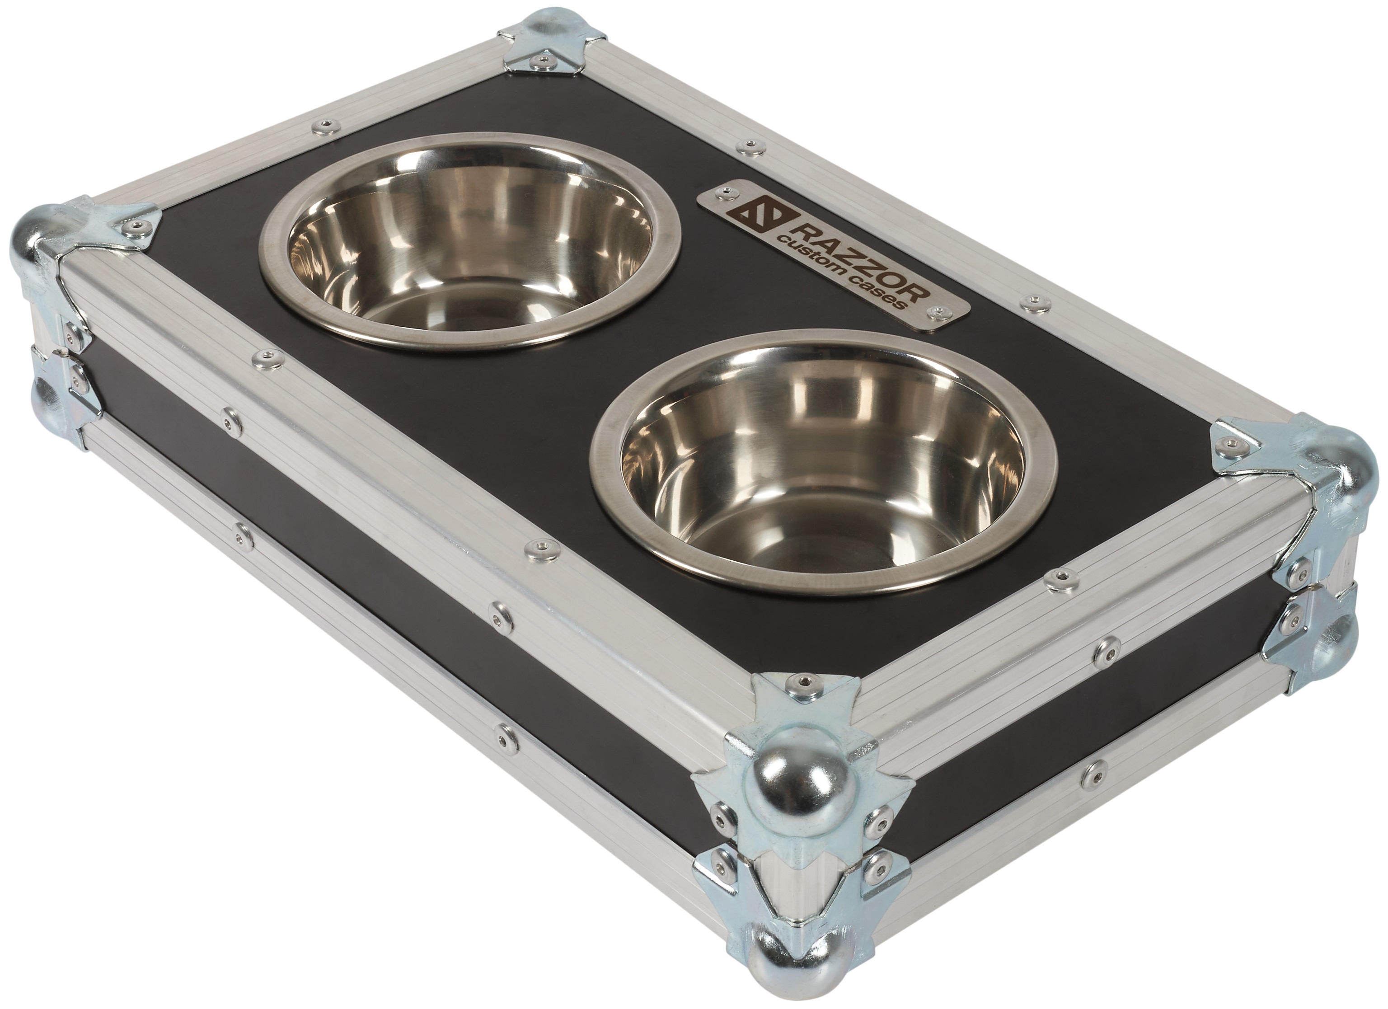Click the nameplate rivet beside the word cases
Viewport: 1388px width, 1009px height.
pos(934,312)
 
